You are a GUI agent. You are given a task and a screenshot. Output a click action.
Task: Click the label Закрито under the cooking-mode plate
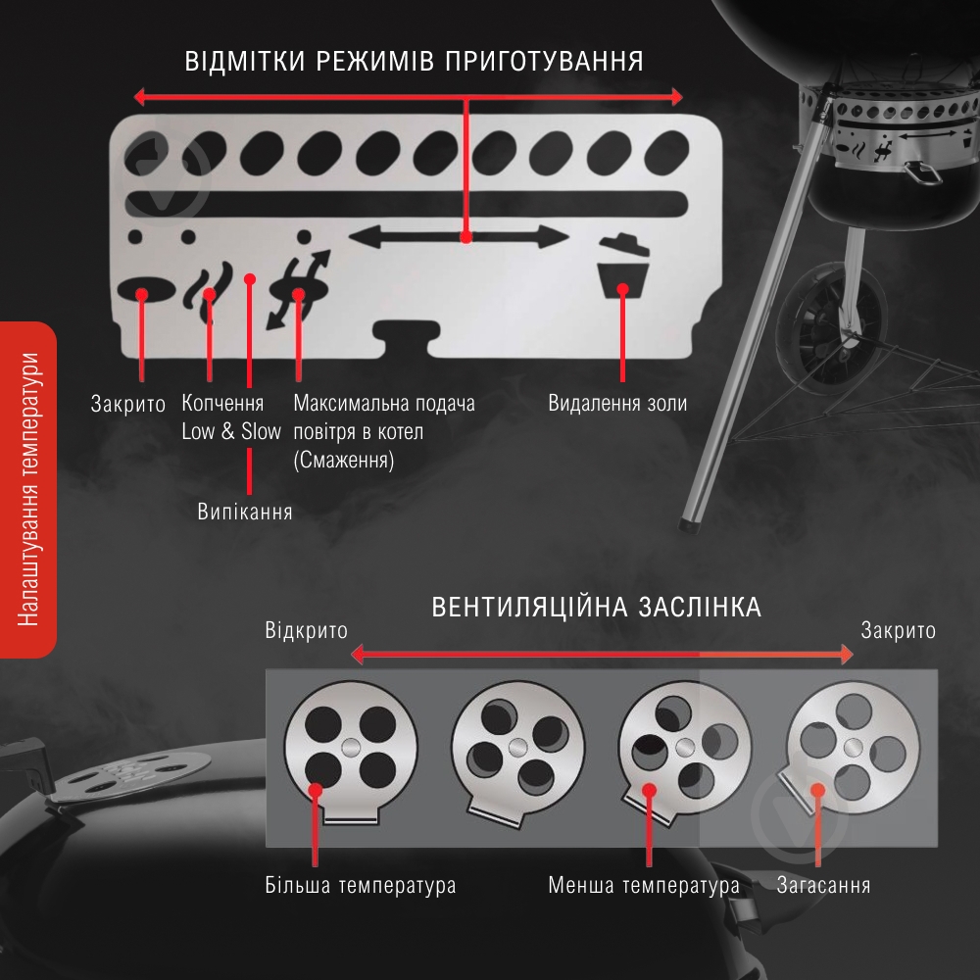(128, 404)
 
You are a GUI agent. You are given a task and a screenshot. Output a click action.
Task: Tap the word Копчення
(222, 404)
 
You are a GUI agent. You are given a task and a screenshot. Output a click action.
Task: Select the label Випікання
(245, 511)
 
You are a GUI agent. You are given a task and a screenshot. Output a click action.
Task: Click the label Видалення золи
(617, 404)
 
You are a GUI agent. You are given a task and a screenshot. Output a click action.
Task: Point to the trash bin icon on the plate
(623, 267)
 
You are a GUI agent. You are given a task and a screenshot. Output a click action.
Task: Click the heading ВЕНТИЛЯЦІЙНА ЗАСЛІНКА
(597, 607)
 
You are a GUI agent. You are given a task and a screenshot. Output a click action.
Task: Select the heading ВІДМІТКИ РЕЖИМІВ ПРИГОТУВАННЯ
(415, 62)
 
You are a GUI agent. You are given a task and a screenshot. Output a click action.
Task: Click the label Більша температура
(361, 886)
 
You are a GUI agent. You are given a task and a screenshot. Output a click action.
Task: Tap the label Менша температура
(644, 886)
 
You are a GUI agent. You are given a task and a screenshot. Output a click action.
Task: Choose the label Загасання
(823, 886)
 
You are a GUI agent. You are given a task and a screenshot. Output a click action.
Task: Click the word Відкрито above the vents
(306, 630)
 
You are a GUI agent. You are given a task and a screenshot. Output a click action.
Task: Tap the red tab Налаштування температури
(27, 488)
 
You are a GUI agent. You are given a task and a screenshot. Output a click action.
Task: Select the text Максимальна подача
(384, 404)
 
